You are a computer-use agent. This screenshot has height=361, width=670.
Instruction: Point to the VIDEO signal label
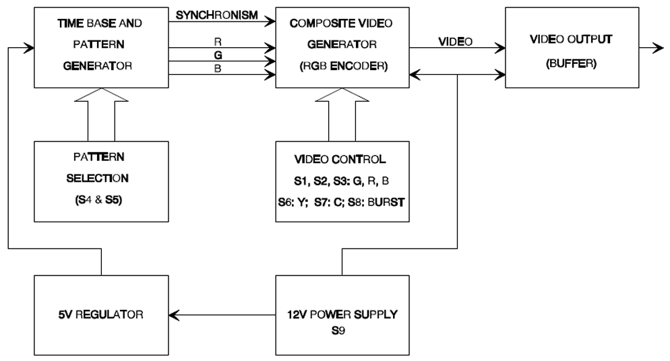pyautogui.click(x=456, y=41)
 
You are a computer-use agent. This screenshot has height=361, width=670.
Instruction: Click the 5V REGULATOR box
pyautogui.click(x=101, y=315)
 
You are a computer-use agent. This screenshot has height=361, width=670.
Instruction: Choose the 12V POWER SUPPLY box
pyautogui.click(x=342, y=315)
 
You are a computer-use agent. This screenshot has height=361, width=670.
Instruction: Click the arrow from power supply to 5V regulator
pyautogui.click(x=222, y=315)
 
